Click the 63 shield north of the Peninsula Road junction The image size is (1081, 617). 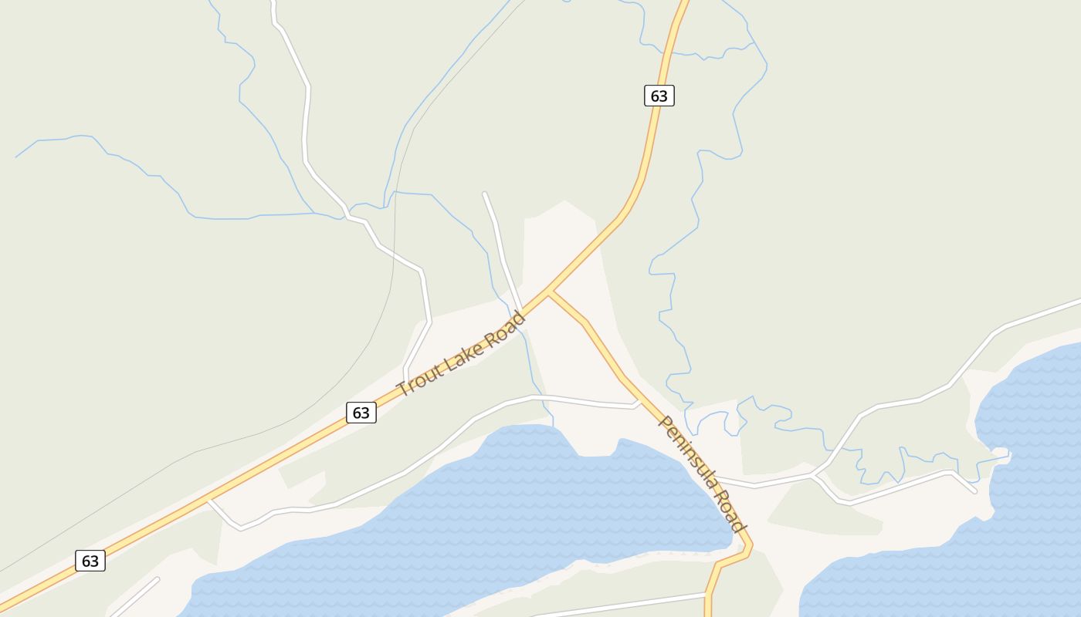pyautogui.click(x=659, y=96)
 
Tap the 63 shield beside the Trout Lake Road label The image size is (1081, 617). pyautogui.click(x=361, y=413)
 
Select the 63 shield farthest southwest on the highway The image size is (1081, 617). pyautogui.click(x=90, y=561)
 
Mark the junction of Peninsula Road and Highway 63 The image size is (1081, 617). pyautogui.click(x=549, y=293)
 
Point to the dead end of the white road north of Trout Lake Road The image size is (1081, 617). pyautogui.click(x=485, y=194)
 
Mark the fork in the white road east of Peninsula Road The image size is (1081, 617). pyautogui.click(x=813, y=474)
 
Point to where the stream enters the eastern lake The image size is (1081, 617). pyautogui.click(x=1008, y=455)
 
